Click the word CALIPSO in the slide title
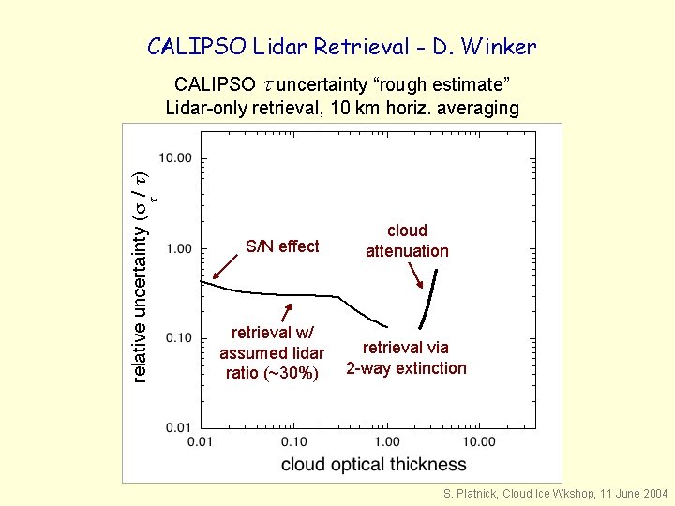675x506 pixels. coord(191,46)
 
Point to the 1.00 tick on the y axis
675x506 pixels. coord(178,248)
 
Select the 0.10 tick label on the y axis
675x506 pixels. coord(178,337)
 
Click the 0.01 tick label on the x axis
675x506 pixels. coord(201,441)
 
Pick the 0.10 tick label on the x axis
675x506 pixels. coord(293,441)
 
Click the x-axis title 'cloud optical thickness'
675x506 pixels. coord(373,464)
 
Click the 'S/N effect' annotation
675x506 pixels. coord(282,246)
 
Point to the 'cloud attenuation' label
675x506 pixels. coord(407,241)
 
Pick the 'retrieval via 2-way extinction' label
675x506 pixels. coord(406,358)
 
